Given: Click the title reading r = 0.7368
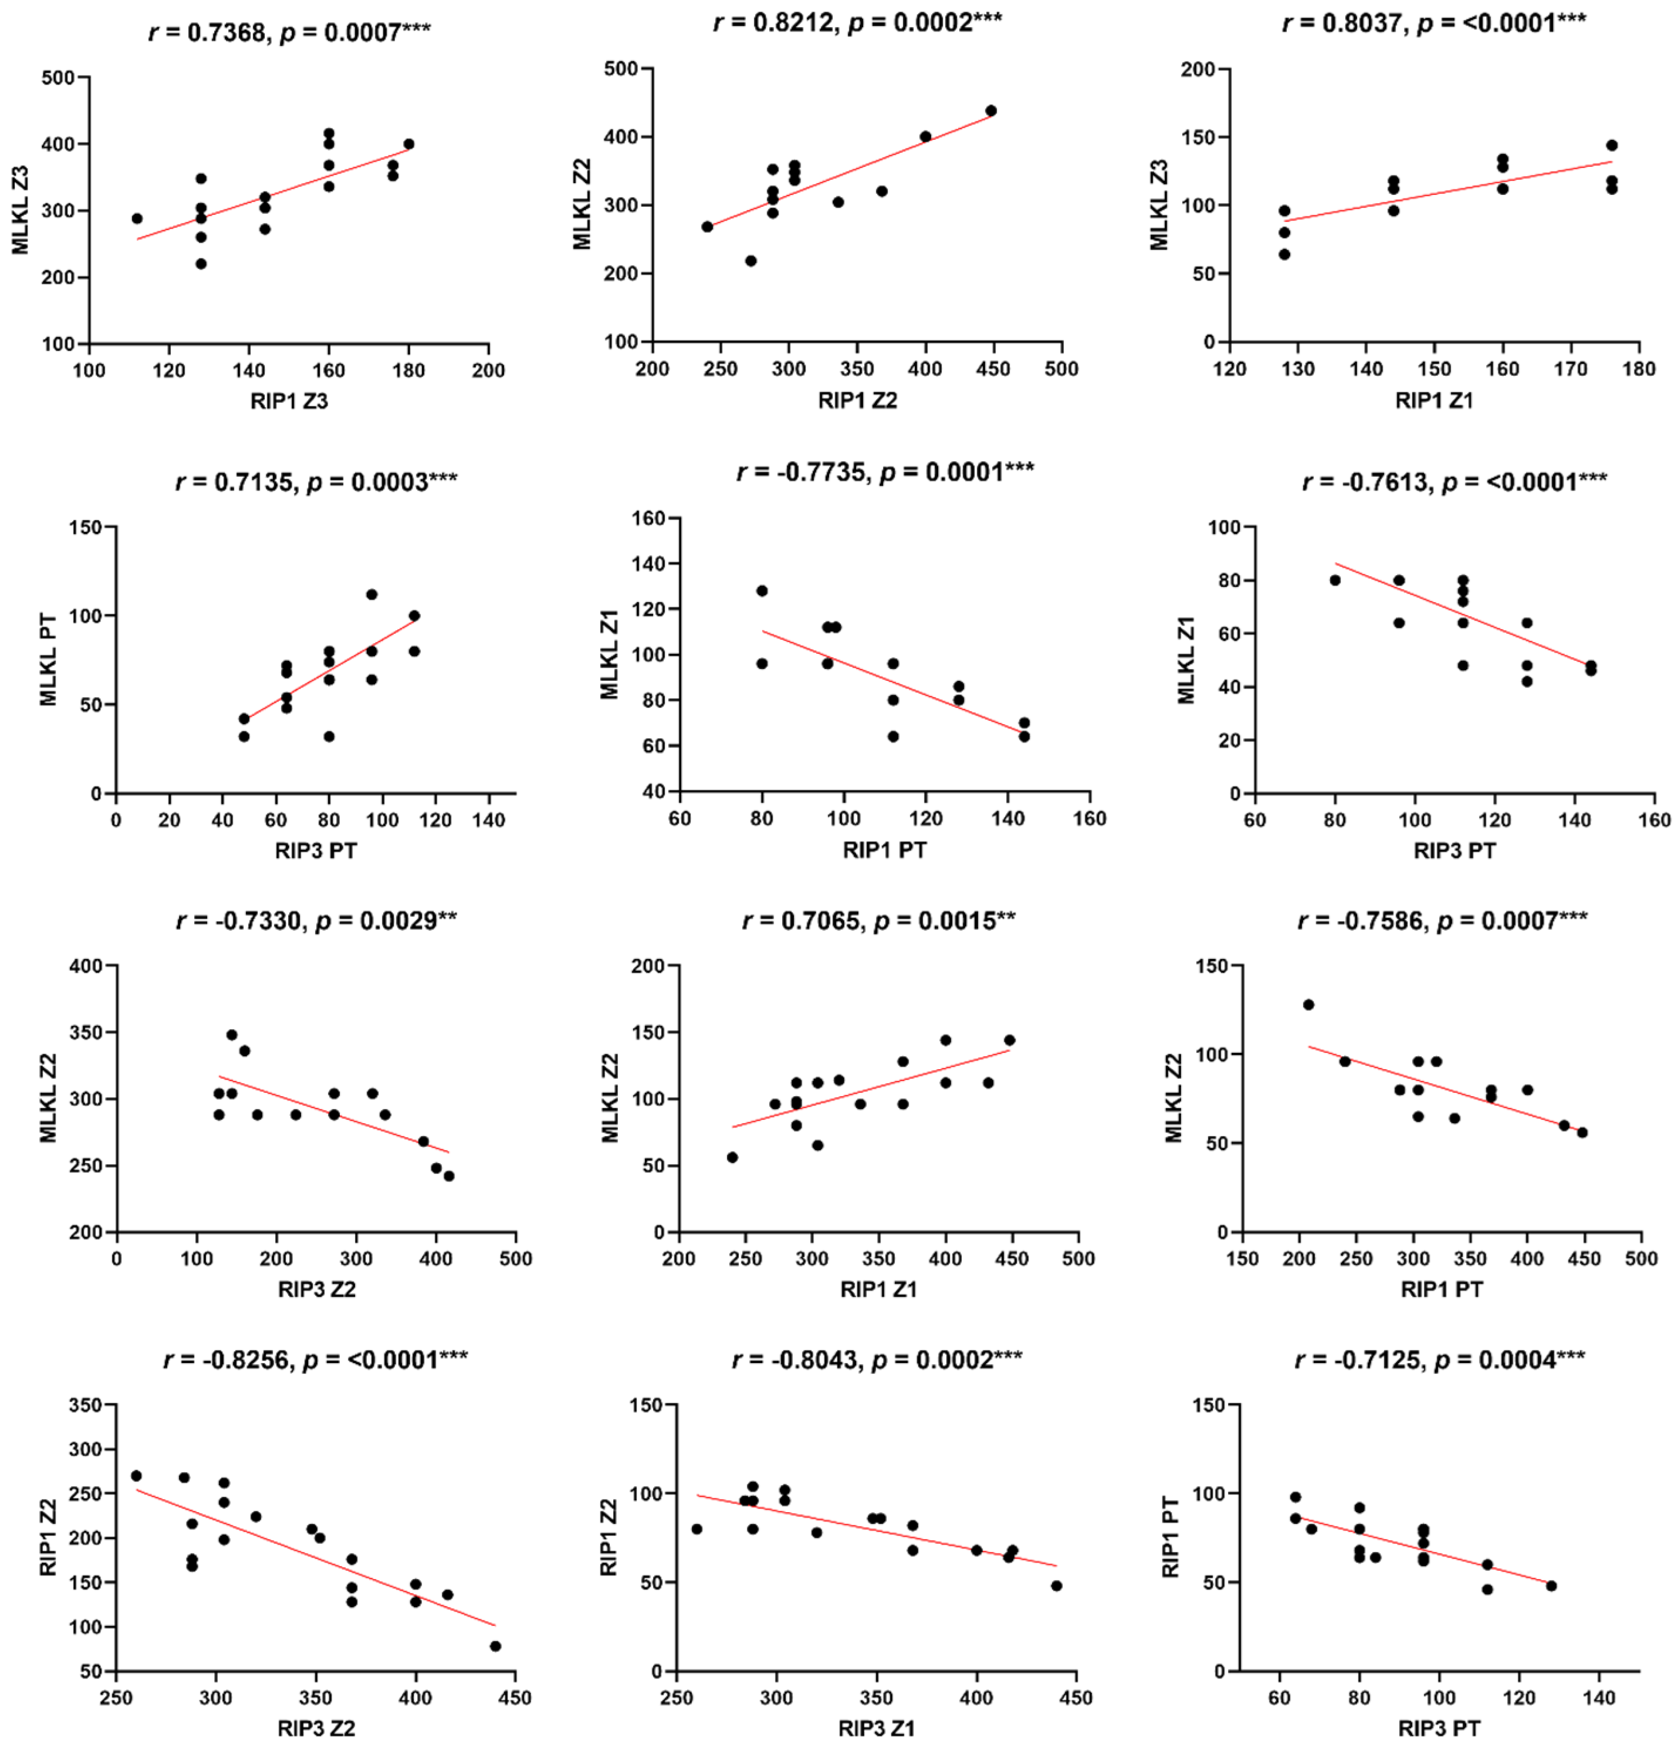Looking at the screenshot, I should tap(288, 33).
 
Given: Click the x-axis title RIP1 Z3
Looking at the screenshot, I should tap(288, 401).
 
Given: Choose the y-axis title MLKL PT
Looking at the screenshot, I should tap(48, 659).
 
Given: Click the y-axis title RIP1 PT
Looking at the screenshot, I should tap(1171, 1538).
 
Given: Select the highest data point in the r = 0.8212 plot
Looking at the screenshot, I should tap(990, 111).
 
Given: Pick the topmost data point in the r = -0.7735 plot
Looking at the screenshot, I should tap(762, 590).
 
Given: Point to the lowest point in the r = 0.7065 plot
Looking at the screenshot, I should tap(732, 1157).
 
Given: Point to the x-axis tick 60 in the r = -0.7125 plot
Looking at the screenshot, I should tap(1279, 1696).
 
